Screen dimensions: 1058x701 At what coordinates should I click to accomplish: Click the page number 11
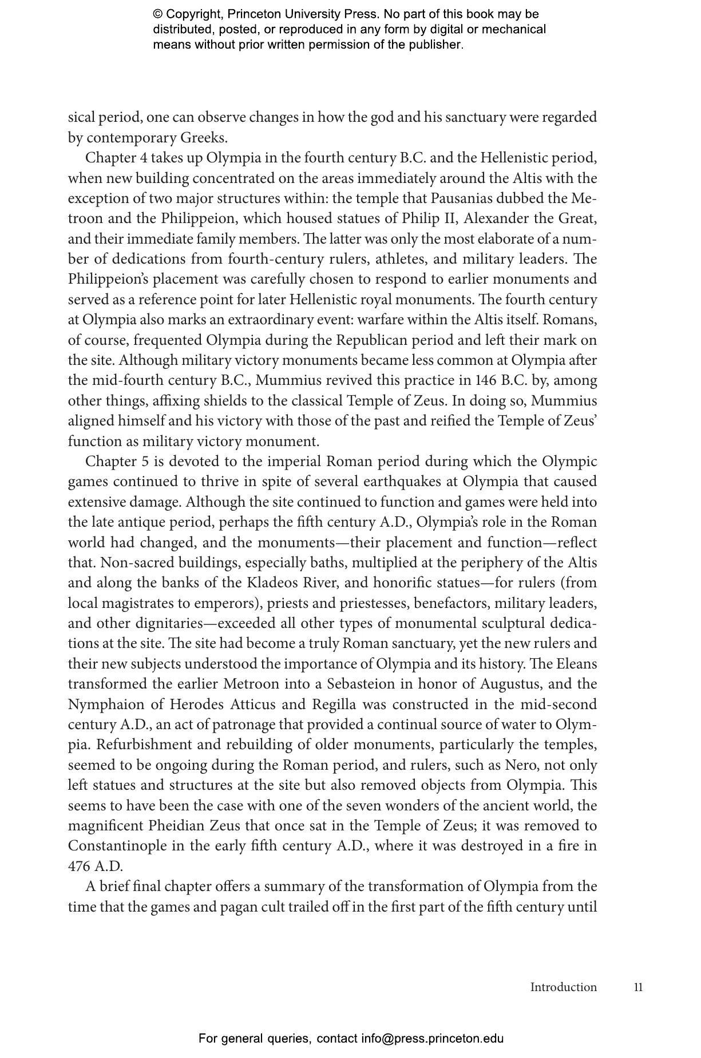coord(638,987)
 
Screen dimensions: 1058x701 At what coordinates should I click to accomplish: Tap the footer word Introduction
coord(563,987)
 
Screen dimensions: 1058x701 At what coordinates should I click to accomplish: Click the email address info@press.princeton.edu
coord(432,1039)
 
